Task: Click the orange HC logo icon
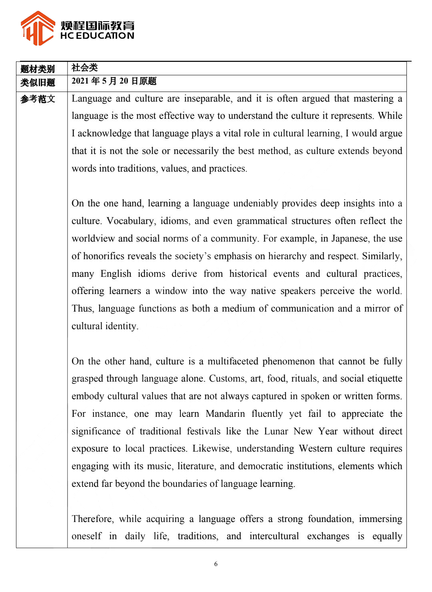38,28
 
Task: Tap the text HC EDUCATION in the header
97,36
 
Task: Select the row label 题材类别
38,69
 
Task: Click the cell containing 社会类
84,68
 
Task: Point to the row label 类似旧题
38,82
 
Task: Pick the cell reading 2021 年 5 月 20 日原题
114,81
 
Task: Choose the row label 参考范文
38,99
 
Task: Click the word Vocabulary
130,221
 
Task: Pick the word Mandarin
225,414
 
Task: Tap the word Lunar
276,431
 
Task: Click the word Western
316,448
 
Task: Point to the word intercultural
274,536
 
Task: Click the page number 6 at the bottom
216,564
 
